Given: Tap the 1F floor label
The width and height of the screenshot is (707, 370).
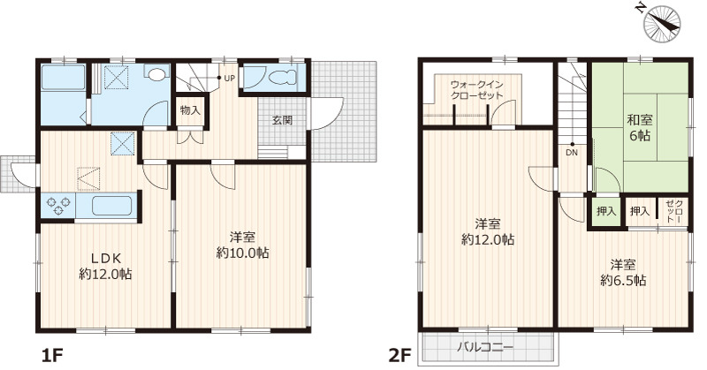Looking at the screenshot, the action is pyautogui.click(x=51, y=356).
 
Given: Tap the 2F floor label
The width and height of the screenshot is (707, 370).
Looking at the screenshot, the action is pyautogui.click(x=400, y=356).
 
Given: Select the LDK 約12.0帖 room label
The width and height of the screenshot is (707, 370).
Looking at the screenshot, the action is pyautogui.click(x=105, y=266).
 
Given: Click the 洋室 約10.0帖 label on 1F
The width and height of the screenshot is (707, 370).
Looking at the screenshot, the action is pyautogui.click(x=242, y=245).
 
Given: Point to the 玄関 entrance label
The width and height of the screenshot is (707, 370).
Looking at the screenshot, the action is pyautogui.click(x=282, y=120).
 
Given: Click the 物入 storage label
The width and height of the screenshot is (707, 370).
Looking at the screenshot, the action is pyautogui.click(x=190, y=110).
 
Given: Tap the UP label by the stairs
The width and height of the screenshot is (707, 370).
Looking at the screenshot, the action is pyautogui.click(x=229, y=78).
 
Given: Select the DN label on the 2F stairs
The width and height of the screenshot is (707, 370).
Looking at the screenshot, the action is pyautogui.click(x=572, y=152).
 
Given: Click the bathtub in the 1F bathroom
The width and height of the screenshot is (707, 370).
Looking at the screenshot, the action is pyautogui.click(x=64, y=78).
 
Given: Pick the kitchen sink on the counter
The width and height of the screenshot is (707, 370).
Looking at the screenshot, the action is pyautogui.click(x=112, y=207).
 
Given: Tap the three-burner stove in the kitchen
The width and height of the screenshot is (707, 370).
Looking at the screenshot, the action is pyautogui.click(x=58, y=206).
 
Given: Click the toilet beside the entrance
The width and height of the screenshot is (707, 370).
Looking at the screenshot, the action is pyautogui.click(x=282, y=78).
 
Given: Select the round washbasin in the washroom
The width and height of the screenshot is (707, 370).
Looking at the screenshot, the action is pyautogui.click(x=156, y=74).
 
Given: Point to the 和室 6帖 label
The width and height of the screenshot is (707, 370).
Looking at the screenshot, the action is pyautogui.click(x=640, y=127).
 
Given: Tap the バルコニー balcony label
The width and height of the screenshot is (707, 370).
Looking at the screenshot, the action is pyautogui.click(x=485, y=347).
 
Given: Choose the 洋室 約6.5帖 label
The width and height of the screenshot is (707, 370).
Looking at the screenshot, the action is pyautogui.click(x=624, y=272).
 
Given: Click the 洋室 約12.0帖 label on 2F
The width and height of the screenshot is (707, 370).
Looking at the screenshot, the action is pyautogui.click(x=488, y=231).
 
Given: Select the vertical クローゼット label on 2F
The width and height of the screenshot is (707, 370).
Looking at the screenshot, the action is pyautogui.click(x=673, y=209).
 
